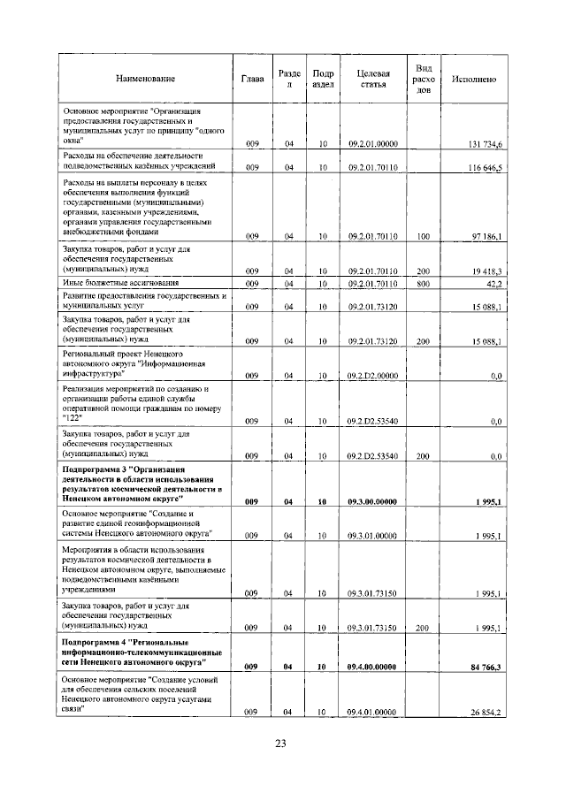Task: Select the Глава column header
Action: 252,80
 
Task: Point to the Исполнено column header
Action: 473,80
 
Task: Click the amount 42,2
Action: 493,284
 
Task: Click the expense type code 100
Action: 423,236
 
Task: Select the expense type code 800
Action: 423,284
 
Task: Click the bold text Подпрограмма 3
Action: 96,468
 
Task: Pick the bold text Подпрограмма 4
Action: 96,641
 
